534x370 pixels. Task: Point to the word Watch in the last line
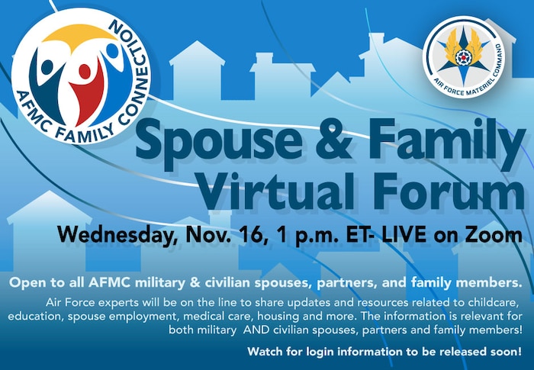265,352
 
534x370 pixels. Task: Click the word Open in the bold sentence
26,282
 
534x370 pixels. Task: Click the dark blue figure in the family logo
53,80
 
